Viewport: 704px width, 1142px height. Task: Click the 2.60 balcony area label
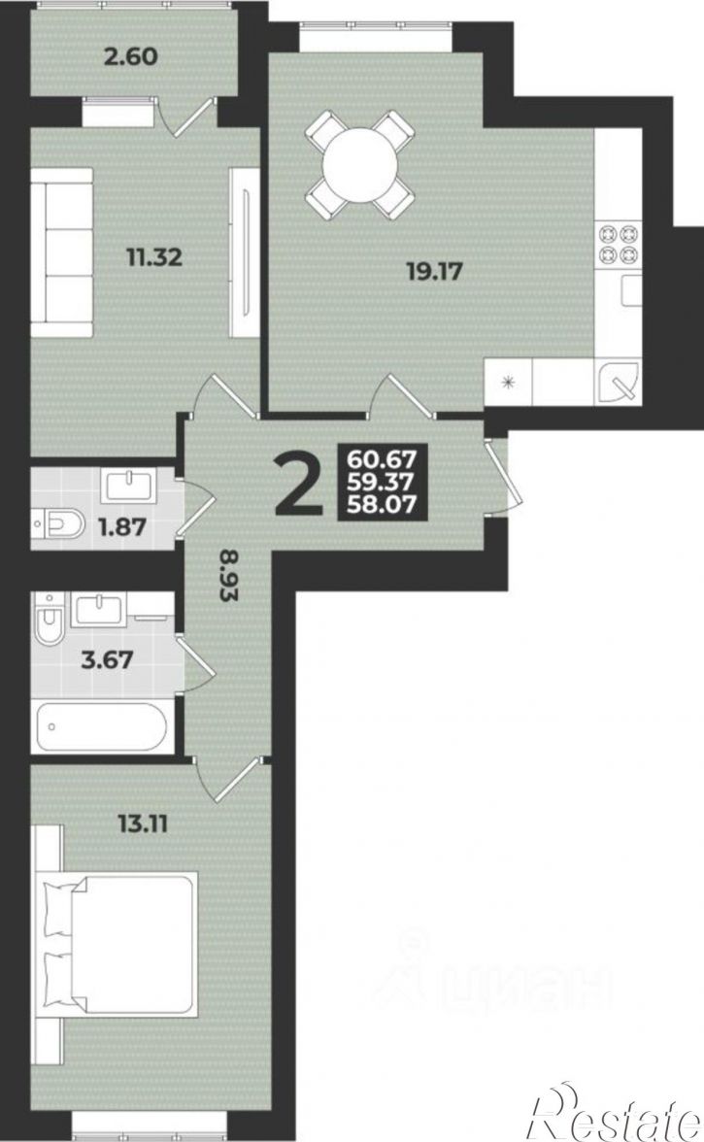click(x=131, y=56)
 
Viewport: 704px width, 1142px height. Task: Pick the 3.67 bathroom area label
click(x=106, y=660)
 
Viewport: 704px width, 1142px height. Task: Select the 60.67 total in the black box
click(x=382, y=459)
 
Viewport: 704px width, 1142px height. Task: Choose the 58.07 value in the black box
click(x=382, y=503)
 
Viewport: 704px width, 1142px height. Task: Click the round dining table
click(x=360, y=165)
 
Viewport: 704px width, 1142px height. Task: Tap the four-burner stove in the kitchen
click(x=619, y=245)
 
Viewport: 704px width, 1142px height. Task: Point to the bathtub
click(x=102, y=726)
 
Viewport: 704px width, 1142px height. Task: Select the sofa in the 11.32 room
click(x=62, y=252)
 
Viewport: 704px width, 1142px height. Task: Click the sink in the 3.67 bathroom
click(x=101, y=609)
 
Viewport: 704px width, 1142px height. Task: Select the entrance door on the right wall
click(x=498, y=476)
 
